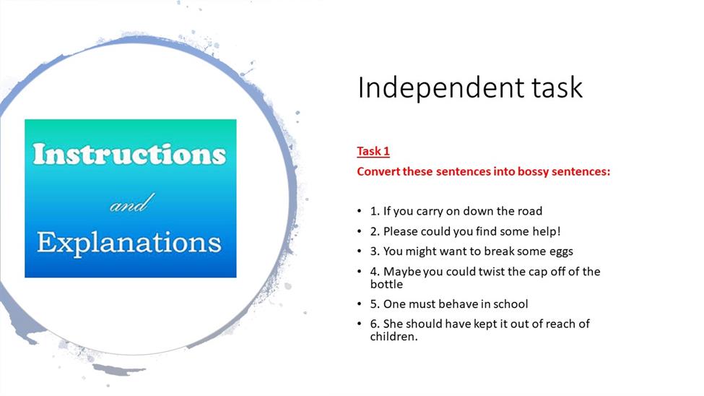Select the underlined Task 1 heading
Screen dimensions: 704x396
coord(373,151)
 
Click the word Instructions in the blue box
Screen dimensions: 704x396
coord(129,154)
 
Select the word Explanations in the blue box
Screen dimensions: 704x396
coord(129,244)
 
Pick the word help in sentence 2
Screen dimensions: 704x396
coord(544,231)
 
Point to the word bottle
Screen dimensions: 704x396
coord(386,284)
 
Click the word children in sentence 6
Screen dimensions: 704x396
coord(394,336)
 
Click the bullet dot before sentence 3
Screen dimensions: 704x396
coord(359,251)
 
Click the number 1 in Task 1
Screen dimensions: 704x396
coord(386,151)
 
